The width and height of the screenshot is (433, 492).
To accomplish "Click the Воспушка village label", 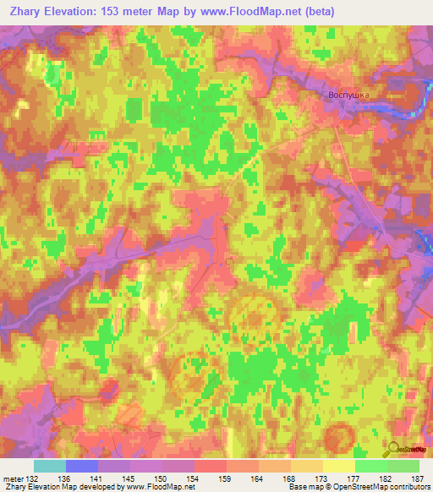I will pyautogui.click(x=349, y=96).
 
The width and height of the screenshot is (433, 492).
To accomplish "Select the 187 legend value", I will pyautogui.click(x=416, y=478).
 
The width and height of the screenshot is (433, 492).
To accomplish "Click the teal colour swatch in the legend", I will pyautogui.click(x=50, y=466).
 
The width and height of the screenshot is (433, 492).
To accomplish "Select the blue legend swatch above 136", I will pyautogui.click(x=82, y=466).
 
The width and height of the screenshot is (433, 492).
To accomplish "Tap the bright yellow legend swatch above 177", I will pyautogui.click(x=339, y=466).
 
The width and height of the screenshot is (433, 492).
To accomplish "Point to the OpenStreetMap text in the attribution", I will pyautogui.click(x=352, y=488).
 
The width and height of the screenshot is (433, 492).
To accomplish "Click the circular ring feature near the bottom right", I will pyautogui.click(x=340, y=436).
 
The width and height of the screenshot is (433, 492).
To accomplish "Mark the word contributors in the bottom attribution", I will pyautogui.click(x=407, y=488).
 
